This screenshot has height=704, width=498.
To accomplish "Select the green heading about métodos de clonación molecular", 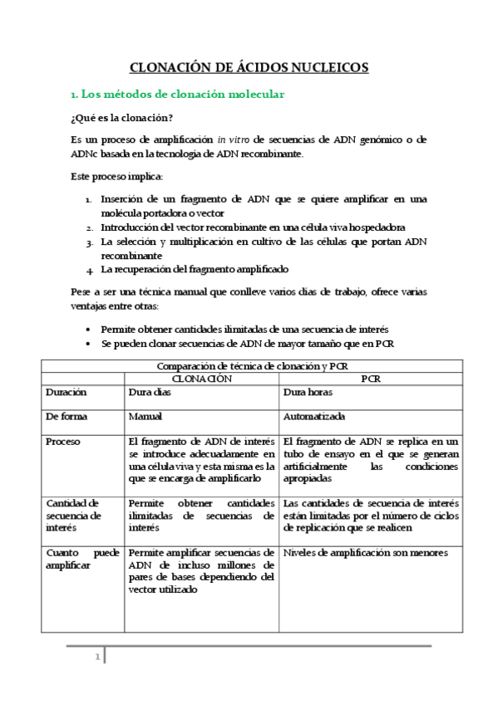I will pos(177,95).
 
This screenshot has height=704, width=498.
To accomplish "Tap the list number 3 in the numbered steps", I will pos(90,242).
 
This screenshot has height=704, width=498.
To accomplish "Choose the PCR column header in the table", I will pos(370,378).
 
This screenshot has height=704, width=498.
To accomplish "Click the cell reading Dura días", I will pos(150,392).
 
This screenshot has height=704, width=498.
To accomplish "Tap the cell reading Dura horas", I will pos(309,392).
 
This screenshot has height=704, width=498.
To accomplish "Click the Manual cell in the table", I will pos(145,417).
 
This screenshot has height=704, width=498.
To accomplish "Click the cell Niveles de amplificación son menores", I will pos(366,553).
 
